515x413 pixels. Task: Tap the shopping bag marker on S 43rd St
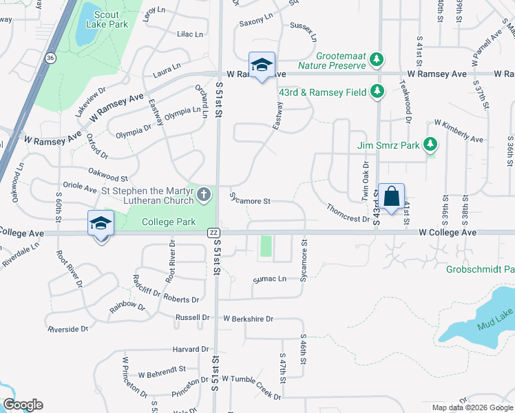click(x=391, y=197)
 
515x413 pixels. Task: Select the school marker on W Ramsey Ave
click(x=262, y=66)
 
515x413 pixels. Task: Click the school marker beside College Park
click(x=101, y=224)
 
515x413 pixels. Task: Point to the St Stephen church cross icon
click(x=204, y=195)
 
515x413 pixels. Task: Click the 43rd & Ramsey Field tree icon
click(x=377, y=91)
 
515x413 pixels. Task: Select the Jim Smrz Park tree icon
click(x=430, y=145)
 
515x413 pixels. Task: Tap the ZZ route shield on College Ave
click(x=213, y=233)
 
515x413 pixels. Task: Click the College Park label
click(x=169, y=222)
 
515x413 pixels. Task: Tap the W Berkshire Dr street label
click(x=248, y=319)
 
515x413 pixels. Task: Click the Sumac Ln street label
click(x=269, y=279)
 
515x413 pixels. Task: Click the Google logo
click(x=23, y=405)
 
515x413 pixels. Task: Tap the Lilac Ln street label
click(x=190, y=34)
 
